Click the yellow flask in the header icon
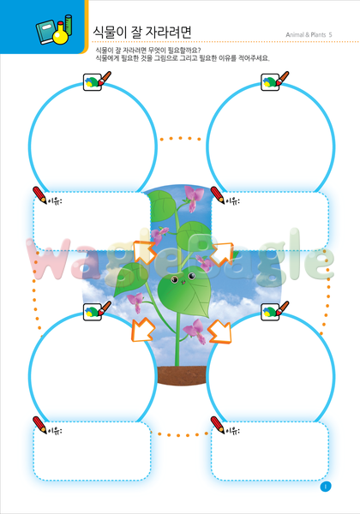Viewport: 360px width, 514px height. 60,34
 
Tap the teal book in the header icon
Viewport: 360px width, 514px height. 46,32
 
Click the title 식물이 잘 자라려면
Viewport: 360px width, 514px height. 142,33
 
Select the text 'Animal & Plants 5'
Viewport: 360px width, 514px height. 309,35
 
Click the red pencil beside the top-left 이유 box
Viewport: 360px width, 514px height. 39,195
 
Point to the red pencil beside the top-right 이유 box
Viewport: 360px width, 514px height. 218,195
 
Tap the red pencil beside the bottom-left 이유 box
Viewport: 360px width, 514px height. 39,425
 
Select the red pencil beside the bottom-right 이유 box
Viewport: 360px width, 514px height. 218,425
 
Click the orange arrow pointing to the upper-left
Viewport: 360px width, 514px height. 144,252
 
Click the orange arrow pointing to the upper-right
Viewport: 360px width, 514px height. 221,254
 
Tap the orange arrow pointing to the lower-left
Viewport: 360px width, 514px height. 143,330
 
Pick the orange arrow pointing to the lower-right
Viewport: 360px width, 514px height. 219,332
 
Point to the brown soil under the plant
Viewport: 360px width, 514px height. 183,375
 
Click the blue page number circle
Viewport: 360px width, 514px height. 326,487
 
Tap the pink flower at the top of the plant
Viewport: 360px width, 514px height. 194,198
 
